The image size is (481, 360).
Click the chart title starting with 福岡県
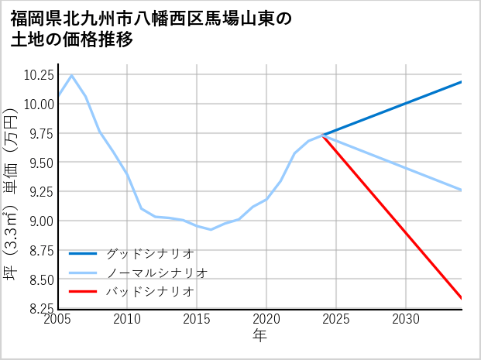tap(151, 29)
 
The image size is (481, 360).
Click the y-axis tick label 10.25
tap(38, 75)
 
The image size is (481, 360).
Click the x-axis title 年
tap(259, 335)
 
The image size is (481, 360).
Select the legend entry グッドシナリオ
tap(149, 253)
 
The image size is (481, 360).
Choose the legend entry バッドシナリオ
tap(149, 292)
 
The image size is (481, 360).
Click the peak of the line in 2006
tap(72, 75)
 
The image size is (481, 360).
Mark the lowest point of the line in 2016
tap(211, 229)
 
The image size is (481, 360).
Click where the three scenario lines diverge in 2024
tap(322, 135)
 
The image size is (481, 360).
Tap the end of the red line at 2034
tap(462, 298)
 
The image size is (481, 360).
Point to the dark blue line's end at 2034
tap(462, 82)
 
